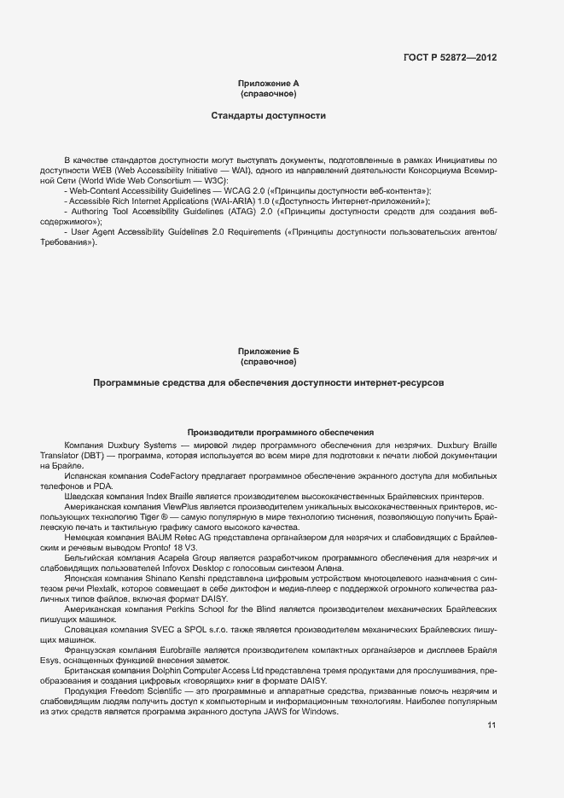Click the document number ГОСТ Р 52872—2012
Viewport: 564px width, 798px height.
(450, 58)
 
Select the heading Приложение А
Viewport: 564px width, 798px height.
(268, 83)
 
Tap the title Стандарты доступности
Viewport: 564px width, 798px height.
(268, 114)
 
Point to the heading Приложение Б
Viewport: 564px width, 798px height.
(268, 352)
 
